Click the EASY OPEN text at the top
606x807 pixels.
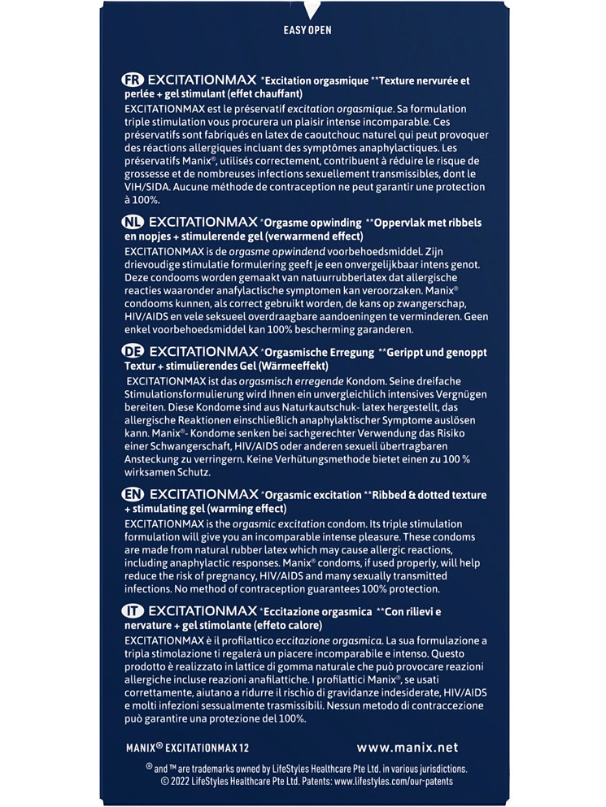[x=307, y=30]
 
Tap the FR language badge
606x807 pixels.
[x=132, y=80]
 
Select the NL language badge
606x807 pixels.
[x=132, y=222]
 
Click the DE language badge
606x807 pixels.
[x=132, y=352]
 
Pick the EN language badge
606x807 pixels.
[x=132, y=494]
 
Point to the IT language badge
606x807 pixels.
[x=132, y=611]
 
